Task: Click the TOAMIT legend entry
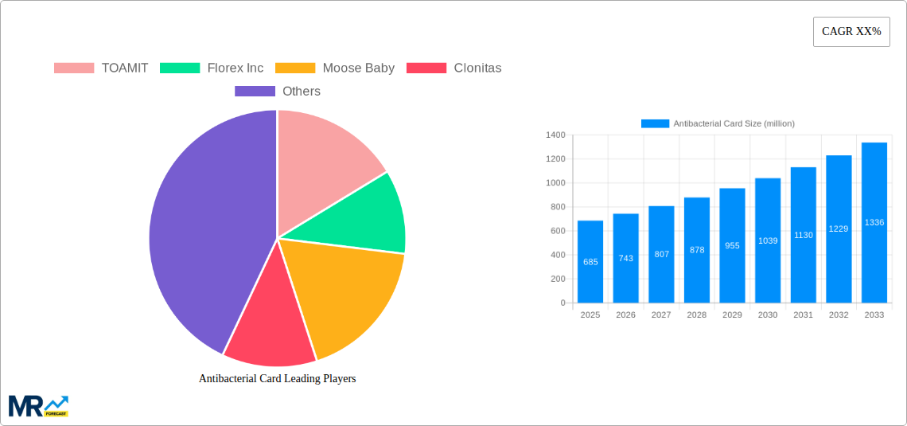point(101,68)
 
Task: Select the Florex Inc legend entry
point(212,68)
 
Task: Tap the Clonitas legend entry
point(453,68)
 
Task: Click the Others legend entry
point(278,91)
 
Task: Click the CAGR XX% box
point(851,32)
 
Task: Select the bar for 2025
point(590,262)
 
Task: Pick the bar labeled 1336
point(874,223)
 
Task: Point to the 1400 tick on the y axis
point(555,135)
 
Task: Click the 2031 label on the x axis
point(803,315)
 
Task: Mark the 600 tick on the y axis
point(556,231)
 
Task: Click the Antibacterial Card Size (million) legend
point(718,123)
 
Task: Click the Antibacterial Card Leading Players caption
point(277,378)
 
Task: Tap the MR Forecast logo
point(38,405)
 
